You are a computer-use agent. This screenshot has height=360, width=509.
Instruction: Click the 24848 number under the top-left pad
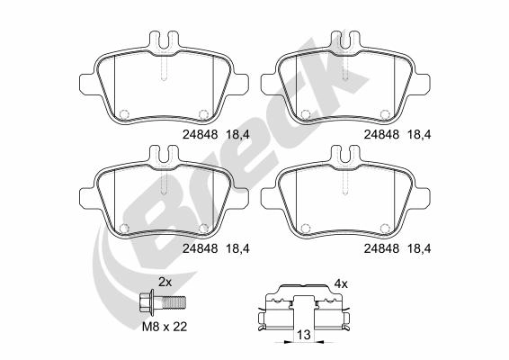200,134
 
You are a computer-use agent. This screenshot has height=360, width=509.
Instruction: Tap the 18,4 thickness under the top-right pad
419,134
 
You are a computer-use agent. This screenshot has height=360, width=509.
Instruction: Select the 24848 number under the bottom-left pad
200,248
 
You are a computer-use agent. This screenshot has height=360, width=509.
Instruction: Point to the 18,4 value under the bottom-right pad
419,248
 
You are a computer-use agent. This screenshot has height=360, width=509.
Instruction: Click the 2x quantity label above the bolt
165,283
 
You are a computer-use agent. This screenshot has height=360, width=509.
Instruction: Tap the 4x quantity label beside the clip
341,284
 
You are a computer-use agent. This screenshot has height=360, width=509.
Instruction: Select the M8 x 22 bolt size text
165,327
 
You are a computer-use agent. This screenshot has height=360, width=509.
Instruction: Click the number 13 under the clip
304,334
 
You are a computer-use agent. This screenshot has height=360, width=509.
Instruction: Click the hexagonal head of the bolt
146,302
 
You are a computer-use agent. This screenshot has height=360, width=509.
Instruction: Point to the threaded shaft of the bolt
174,302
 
